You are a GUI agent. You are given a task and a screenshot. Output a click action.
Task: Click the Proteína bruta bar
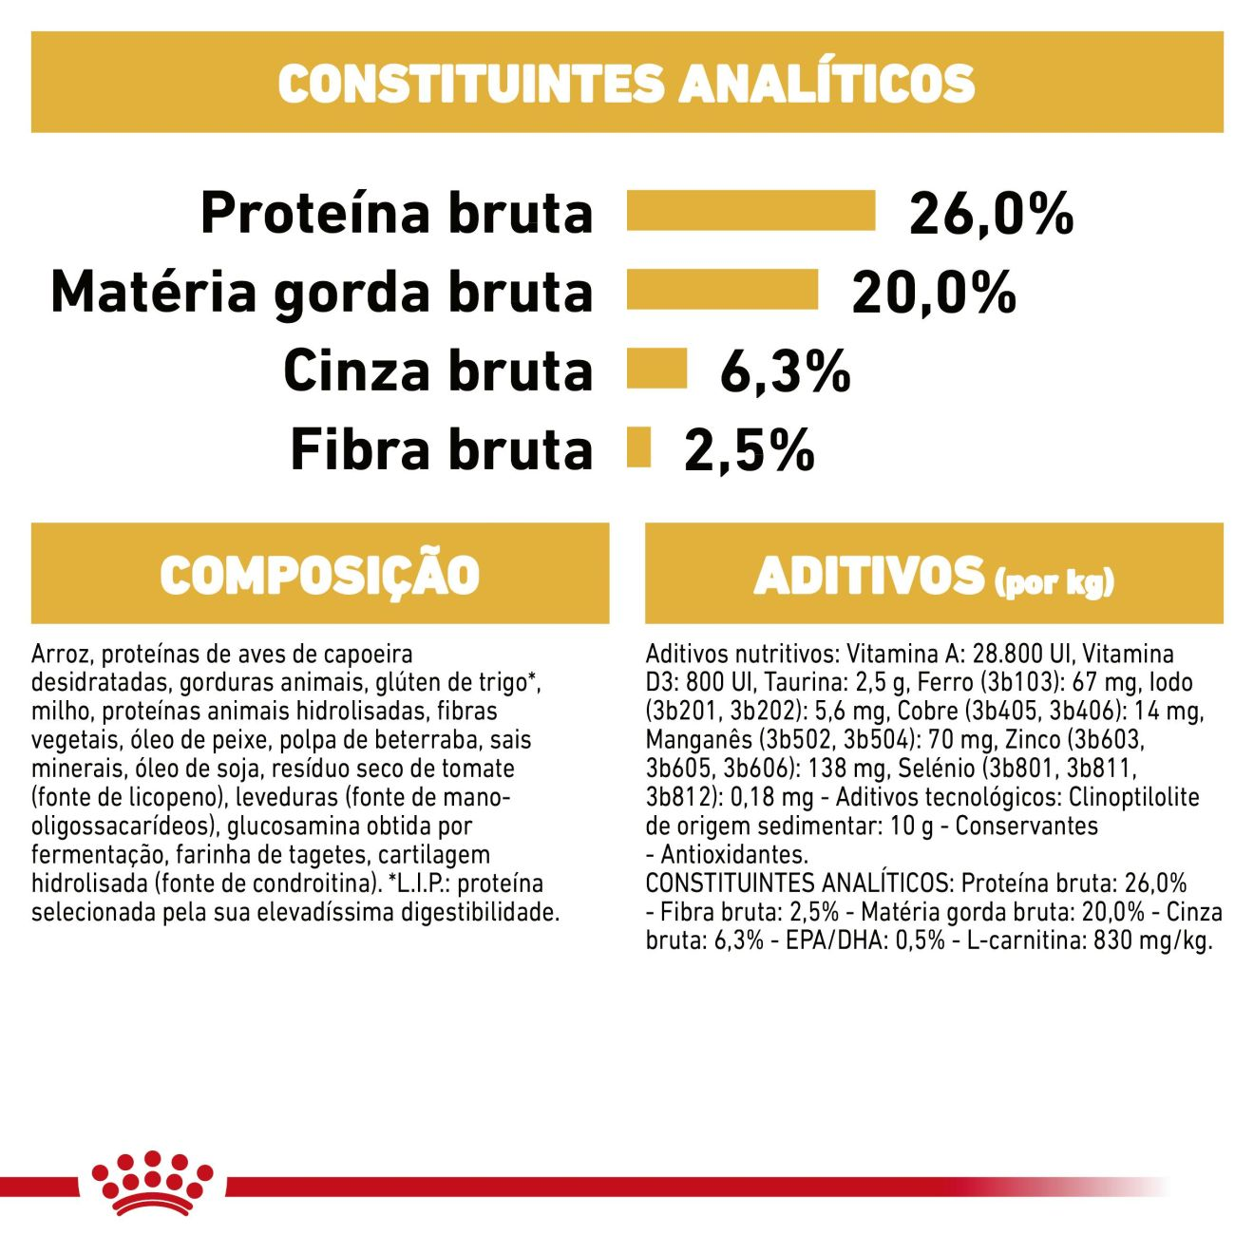[750, 211]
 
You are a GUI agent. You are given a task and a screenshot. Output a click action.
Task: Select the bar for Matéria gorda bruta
[722, 290]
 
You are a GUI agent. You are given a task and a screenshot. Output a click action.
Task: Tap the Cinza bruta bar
[656, 369]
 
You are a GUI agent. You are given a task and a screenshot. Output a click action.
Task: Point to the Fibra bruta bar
[638, 447]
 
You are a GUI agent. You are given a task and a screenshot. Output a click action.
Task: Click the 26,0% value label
[991, 213]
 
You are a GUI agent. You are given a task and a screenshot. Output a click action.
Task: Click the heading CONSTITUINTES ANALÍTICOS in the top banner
[627, 83]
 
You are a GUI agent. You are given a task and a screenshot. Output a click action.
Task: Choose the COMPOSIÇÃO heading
[320, 575]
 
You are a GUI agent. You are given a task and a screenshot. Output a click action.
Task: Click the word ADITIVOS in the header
[869, 576]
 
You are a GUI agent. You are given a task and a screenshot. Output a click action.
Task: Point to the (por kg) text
[1054, 581]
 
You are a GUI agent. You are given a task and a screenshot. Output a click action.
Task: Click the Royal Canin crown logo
[152, 1183]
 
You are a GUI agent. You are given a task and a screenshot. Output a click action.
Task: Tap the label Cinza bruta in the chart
[437, 370]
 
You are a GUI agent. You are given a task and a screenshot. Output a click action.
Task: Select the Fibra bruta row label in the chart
[441, 449]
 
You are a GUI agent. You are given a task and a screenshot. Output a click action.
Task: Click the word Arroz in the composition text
[59, 654]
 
